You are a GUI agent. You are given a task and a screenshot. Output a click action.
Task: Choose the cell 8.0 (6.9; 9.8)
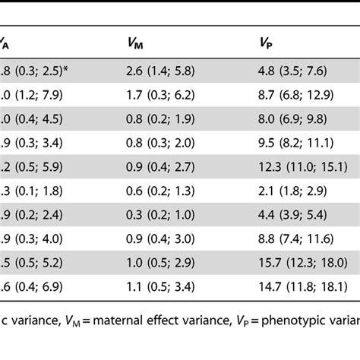[x=293, y=119]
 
